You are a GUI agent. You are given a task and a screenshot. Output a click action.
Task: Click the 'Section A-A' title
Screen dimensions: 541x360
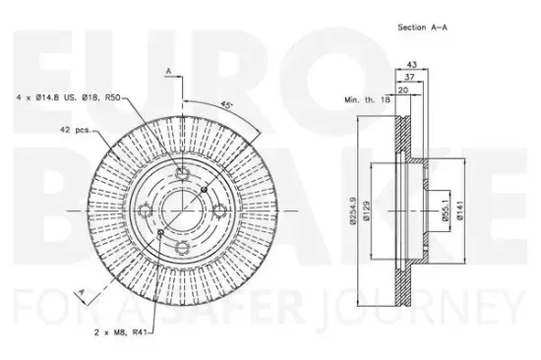(x=422, y=28)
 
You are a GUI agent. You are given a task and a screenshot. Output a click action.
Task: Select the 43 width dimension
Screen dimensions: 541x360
(x=411, y=64)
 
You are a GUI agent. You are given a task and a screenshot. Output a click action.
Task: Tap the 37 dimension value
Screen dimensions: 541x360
(x=409, y=77)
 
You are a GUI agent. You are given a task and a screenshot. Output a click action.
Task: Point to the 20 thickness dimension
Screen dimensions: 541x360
(x=403, y=90)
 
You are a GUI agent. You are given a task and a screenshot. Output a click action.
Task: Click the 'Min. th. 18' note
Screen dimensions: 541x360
(x=367, y=99)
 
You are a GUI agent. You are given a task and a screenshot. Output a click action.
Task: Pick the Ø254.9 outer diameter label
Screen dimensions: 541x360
(x=352, y=210)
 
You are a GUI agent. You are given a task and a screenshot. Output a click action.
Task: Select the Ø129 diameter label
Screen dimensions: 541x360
(x=367, y=211)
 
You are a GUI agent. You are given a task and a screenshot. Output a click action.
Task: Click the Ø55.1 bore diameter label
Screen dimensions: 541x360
(x=446, y=210)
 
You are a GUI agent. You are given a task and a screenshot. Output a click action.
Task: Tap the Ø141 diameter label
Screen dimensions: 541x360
(x=460, y=210)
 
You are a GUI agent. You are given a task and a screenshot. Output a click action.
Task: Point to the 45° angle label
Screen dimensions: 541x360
(x=226, y=105)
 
